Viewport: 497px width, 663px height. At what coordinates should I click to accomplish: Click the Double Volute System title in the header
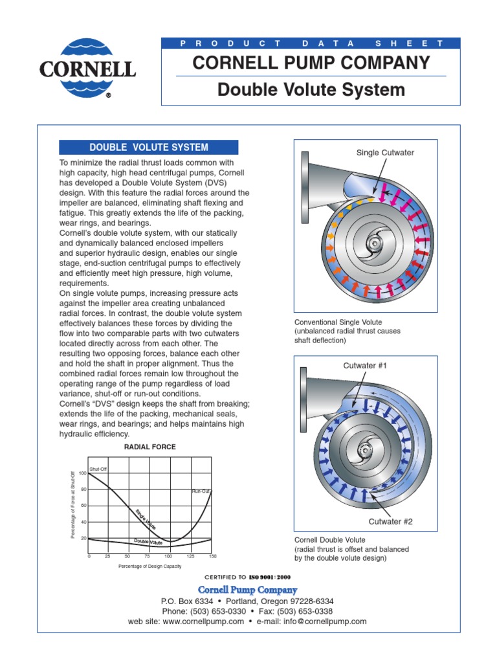click(311, 89)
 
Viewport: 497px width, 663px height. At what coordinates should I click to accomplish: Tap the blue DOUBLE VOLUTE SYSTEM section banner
click(149, 147)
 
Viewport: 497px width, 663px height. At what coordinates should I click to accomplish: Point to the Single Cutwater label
click(385, 153)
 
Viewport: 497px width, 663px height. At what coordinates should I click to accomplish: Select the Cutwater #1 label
click(364, 366)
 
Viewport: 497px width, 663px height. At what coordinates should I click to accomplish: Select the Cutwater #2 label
click(390, 521)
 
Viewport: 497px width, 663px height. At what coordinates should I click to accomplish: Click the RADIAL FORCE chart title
click(149, 447)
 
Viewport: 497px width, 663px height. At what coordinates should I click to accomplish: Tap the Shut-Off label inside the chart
click(98, 467)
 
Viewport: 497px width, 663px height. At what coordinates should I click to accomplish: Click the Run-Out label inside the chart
click(201, 491)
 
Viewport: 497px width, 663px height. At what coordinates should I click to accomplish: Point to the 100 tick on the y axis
click(82, 474)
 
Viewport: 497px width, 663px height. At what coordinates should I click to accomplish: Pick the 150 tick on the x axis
click(212, 556)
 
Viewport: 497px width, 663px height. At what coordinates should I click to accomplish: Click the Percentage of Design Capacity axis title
click(149, 567)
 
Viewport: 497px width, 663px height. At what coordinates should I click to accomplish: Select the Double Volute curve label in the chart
click(148, 541)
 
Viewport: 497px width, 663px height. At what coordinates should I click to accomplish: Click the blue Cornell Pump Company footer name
click(248, 590)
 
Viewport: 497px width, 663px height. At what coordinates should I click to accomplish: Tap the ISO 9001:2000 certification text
click(276, 576)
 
